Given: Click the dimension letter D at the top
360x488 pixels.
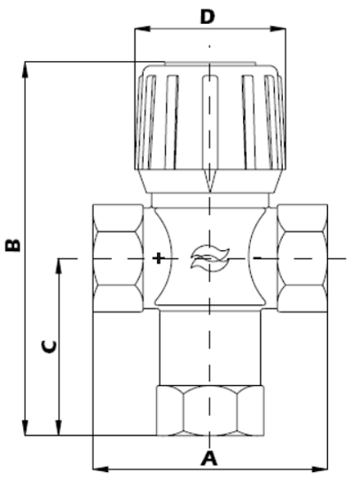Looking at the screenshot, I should click(x=207, y=16).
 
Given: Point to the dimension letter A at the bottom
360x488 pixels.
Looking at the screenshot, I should click(x=209, y=459).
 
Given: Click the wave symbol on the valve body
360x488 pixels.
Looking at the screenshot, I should click(x=209, y=257).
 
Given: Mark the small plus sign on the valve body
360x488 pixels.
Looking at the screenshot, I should click(x=158, y=258).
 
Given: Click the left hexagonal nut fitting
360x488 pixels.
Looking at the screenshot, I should click(x=118, y=257).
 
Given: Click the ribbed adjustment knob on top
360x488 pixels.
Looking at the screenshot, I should click(x=209, y=124).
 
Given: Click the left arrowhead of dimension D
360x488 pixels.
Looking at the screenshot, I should click(x=137, y=29).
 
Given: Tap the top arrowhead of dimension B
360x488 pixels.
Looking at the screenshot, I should click(x=27, y=65).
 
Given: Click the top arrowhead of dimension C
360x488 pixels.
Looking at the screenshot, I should click(x=59, y=262).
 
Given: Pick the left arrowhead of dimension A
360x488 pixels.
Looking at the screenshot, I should click(x=97, y=466).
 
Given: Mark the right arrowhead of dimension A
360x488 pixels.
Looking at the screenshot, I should click(x=324, y=466).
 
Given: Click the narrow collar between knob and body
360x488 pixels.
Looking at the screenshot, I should click(x=209, y=200).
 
